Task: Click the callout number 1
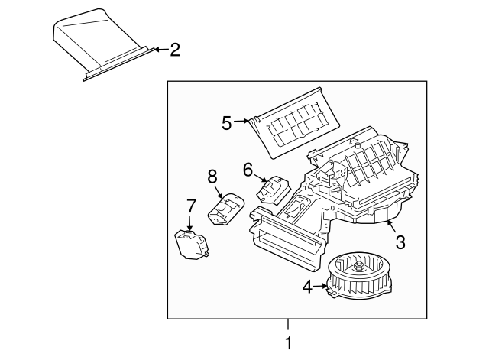[288, 344]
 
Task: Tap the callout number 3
[400, 242]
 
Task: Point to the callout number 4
[307, 287]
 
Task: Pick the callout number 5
[227, 122]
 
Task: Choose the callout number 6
[248, 168]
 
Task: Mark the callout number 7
[191, 206]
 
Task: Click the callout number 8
[212, 177]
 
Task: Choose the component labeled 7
[189, 244]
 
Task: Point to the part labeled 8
[227, 208]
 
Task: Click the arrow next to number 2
[157, 50]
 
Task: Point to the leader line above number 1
[288, 324]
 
